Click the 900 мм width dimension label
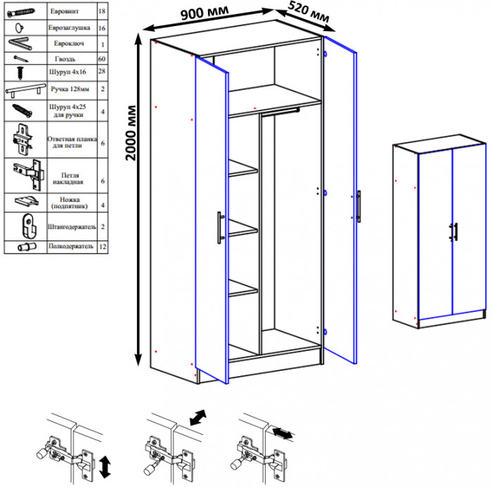205,13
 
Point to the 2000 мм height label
131,133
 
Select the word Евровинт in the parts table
65,11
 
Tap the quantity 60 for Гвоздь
102,58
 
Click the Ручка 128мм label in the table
70,89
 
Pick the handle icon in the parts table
25,90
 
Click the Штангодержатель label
72,226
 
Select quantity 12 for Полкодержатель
103,247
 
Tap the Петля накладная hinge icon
27,175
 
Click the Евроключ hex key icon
20,44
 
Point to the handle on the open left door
221,228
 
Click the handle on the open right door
358,206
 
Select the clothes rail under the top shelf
280,112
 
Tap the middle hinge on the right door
325,193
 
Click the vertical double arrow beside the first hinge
105,467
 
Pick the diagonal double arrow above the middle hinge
198,417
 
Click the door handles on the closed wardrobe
454,232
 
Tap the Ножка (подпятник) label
70,202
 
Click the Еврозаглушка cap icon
20,28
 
